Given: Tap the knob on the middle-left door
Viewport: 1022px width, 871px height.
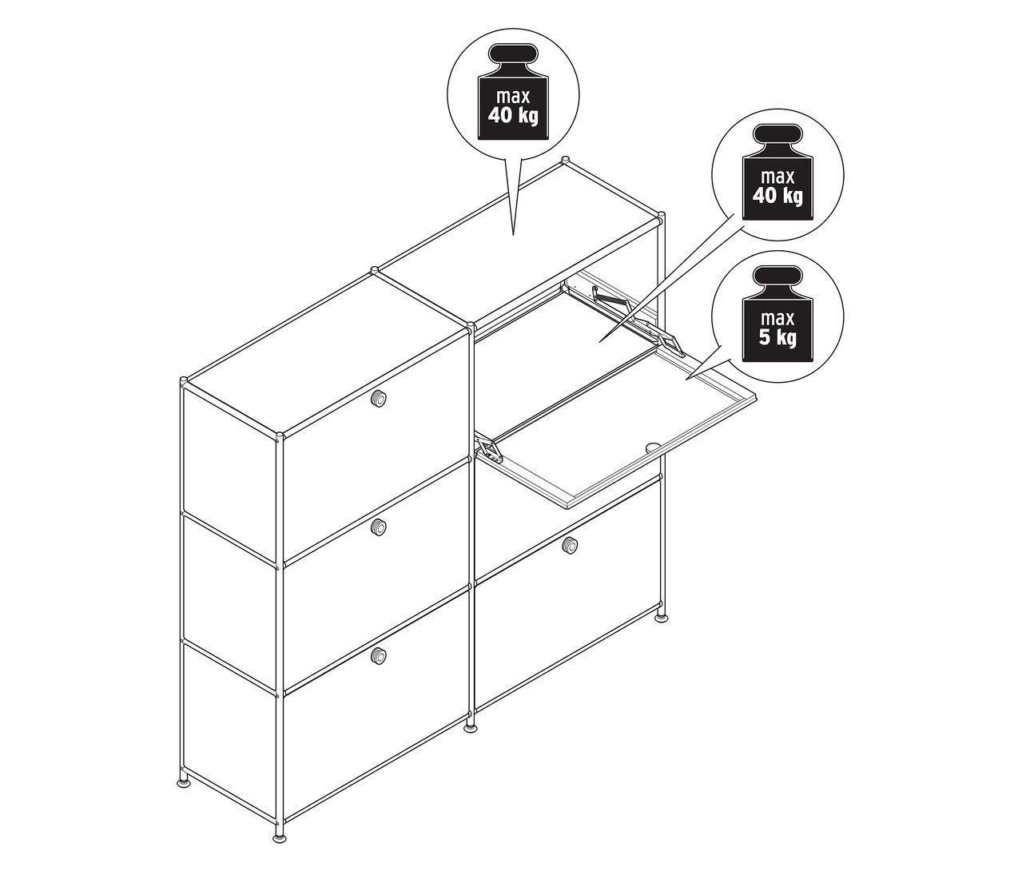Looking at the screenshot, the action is click(378, 527).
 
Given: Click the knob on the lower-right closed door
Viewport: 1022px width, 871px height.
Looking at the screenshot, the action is click(570, 545).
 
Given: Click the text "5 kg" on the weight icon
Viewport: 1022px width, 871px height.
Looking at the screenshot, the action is click(777, 338).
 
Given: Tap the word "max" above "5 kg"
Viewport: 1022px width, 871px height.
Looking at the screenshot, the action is click(777, 318).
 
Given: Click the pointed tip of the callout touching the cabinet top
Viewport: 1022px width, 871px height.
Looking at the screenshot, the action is click(513, 235).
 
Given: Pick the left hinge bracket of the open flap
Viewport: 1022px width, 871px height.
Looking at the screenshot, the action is click(491, 447).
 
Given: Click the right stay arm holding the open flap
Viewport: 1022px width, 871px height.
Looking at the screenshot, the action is click(638, 317).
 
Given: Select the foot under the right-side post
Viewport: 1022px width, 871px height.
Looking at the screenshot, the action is click(662, 616).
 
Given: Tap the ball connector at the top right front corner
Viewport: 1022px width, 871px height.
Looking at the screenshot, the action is click(662, 216).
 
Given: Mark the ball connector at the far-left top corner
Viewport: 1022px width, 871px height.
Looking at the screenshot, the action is click(184, 380).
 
